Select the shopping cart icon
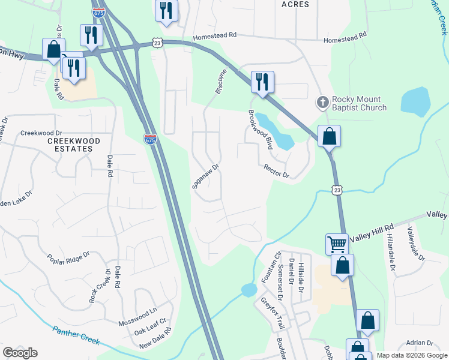pos(337,244)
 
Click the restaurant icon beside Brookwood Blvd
pos(262,82)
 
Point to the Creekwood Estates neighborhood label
pos(74,145)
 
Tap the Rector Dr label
pos(276,171)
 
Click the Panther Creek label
pos(75,335)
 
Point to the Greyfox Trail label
pos(272,313)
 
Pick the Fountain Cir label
pos(267,268)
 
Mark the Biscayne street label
pos(221,80)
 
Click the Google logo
pos(20,353)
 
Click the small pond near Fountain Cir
pos(249,290)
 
